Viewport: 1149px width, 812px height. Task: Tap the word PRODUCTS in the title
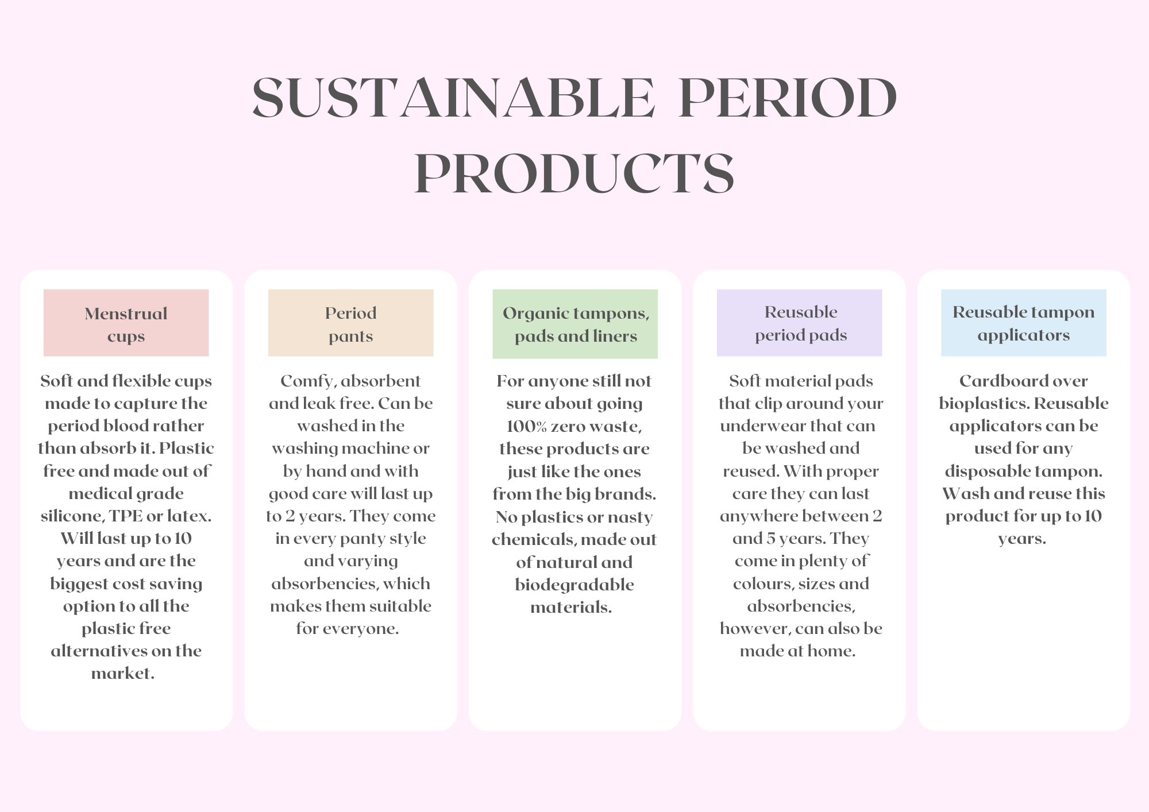click(x=574, y=173)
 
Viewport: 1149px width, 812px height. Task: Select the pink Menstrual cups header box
click(x=126, y=323)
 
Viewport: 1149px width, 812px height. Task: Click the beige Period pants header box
click(x=350, y=323)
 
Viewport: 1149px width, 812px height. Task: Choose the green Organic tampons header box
click(x=575, y=324)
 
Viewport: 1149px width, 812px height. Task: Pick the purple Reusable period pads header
click(x=799, y=323)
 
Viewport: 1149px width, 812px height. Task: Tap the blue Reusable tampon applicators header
click(x=1023, y=323)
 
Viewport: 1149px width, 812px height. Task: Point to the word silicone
click(x=71, y=516)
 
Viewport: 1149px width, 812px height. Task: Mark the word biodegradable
click(x=574, y=585)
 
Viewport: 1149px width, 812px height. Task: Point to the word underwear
click(x=757, y=426)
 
